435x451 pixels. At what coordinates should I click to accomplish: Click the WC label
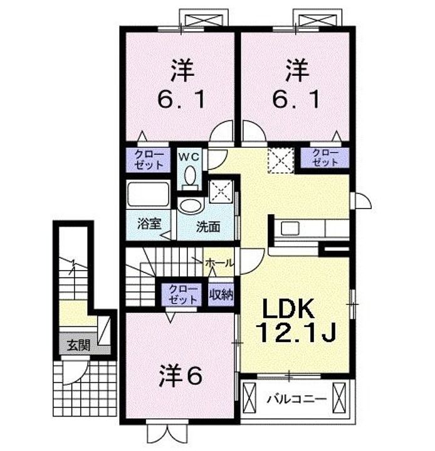click(189, 157)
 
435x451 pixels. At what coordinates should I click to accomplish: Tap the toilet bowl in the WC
click(190, 176)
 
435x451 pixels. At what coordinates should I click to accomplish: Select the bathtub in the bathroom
click(148, 194)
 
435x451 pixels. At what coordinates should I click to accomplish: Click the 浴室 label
click(149, 224)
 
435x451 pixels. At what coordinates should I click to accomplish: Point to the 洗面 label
click(208, 227)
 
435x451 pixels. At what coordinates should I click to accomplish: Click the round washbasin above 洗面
click(191, 205)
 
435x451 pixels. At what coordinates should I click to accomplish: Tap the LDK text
click(288, 308)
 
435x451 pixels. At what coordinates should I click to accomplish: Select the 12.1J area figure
click(296, 332)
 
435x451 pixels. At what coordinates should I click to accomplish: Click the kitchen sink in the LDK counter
click(290, 229)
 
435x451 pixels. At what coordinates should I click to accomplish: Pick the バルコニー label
click(296, 399)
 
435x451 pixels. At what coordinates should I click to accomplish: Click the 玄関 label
click(78, 345)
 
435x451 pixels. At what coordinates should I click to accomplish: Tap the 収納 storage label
click(221, 294)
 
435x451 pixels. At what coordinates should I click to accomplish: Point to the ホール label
click(219, 262)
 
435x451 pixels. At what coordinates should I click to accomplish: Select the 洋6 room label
click(181, 376)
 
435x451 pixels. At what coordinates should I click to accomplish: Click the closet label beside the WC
click(149, 160)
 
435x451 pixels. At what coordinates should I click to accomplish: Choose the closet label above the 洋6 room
click(183, 294)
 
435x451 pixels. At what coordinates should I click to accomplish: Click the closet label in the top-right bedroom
click(325, 157)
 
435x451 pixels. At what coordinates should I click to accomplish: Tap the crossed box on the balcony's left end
click(249, 398)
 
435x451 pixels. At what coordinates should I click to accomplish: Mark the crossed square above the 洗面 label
click(221, 192)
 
